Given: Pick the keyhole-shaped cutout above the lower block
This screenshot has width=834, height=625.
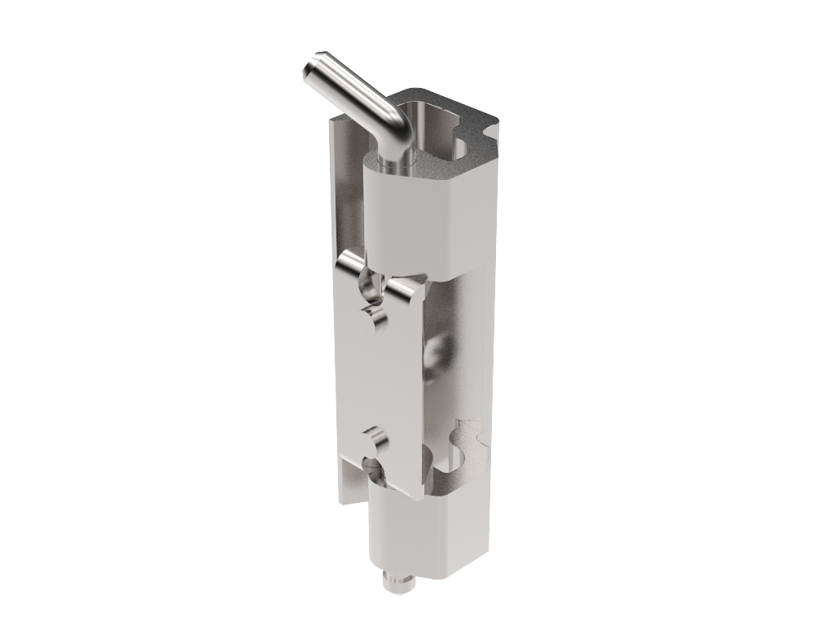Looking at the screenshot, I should coord(468,444).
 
